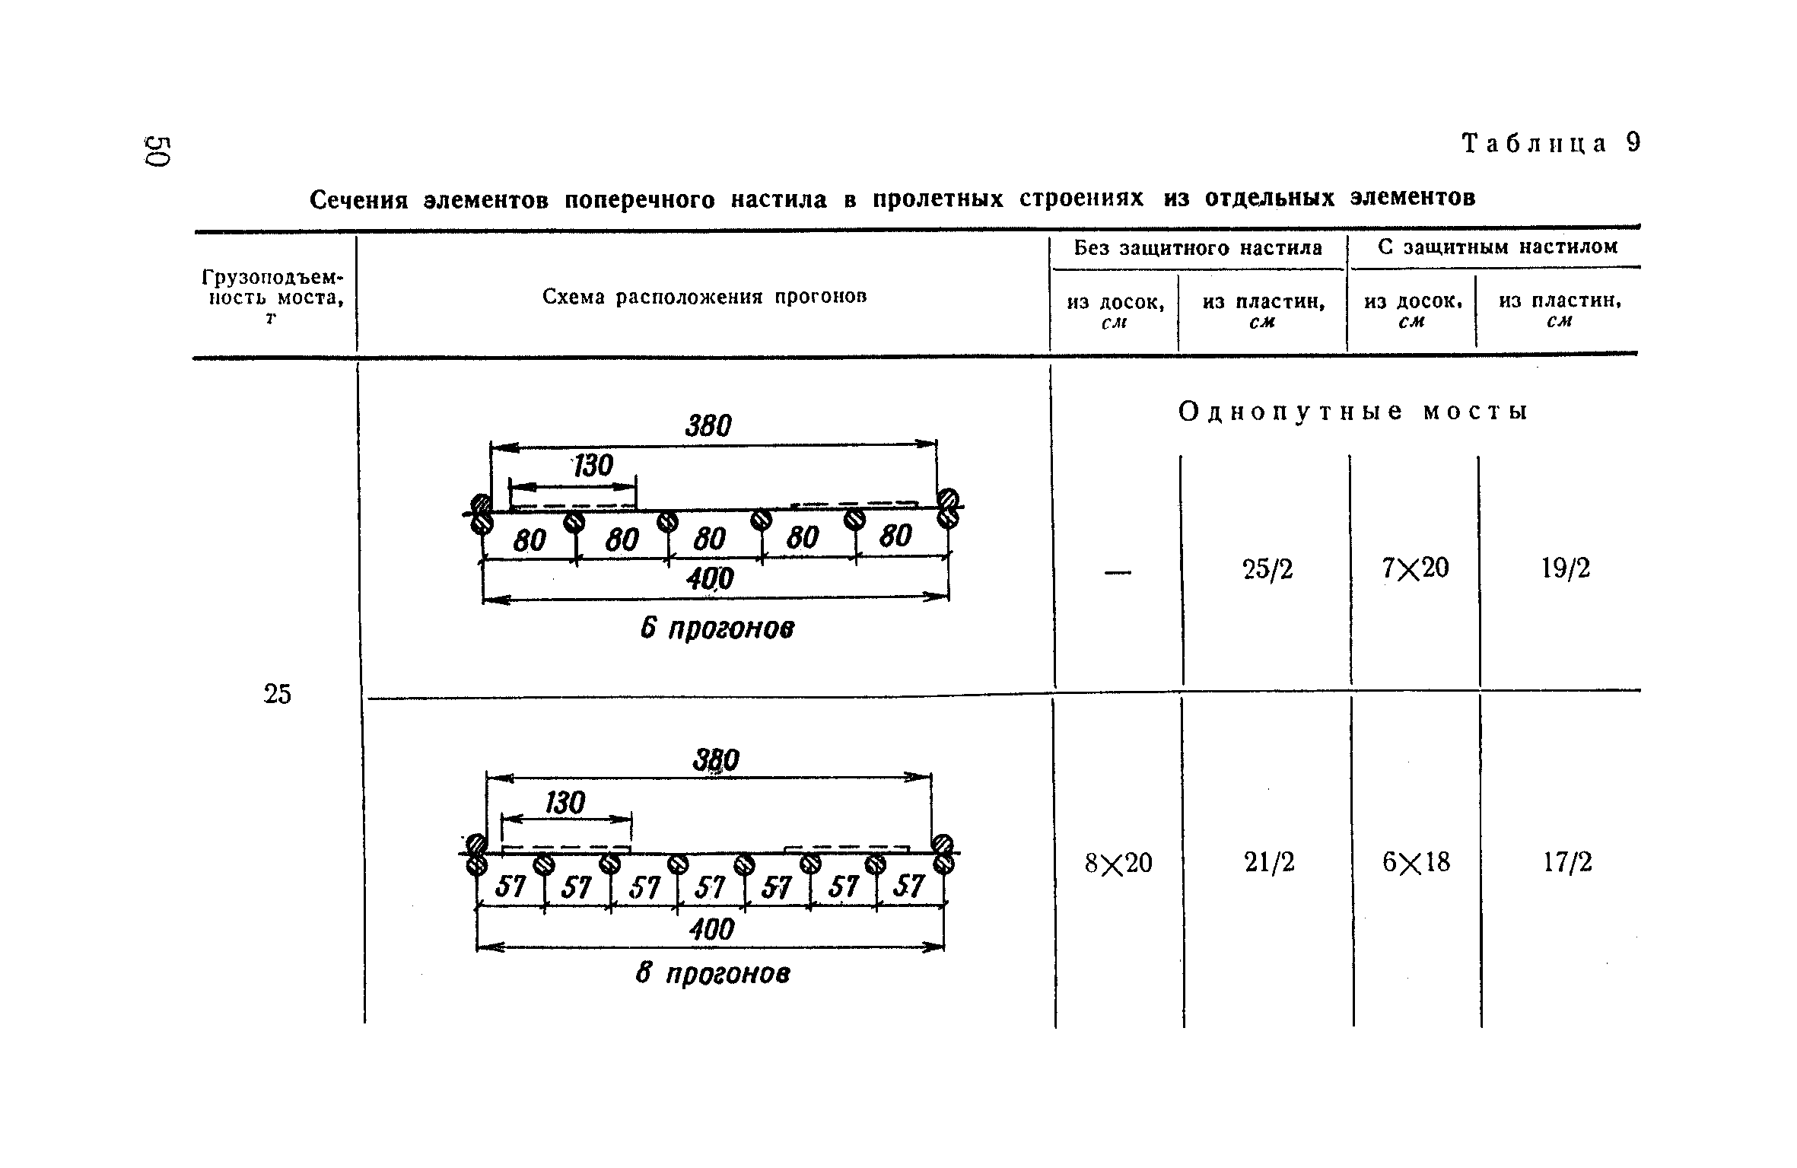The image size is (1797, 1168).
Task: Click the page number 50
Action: coord(158,151)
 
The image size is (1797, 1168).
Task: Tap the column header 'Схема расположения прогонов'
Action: coord(704,297)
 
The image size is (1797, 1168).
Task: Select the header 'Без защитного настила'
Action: coord(1198,248)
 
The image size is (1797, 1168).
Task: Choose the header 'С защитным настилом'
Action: coord(1497,247)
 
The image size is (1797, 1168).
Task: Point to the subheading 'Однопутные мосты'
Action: coord(1353,412)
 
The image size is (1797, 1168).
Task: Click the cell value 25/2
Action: coord(1268,569)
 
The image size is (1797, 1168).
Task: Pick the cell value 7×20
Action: coord(1416,568)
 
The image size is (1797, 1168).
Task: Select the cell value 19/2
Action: coord(1566,568)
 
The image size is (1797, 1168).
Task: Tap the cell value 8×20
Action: coord(1118,863)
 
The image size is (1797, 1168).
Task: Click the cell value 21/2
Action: coord(1269,862)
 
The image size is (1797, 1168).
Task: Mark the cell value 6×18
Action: coord(1416,862)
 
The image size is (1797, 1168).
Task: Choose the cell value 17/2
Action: coord(1567,862)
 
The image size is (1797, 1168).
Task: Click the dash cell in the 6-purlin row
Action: coord(1118,572)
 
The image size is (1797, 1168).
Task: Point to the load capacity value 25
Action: coord(277,694)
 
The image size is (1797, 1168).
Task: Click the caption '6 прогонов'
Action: coord(717,629)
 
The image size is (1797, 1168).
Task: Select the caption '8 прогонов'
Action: coord(713,973)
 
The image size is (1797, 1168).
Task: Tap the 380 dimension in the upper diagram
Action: coord(708,426)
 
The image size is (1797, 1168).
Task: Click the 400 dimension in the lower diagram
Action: coord(711,928)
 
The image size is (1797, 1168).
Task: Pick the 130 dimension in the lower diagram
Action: coord(565,803)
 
